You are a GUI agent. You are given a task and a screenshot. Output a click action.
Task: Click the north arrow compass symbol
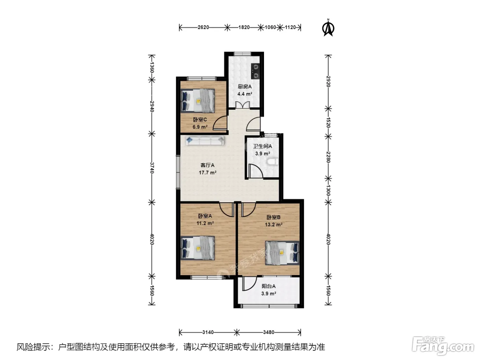[328, 28]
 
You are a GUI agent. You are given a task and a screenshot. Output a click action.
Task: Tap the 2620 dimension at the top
[203, 27]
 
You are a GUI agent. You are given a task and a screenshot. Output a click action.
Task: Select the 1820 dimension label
[244, 27]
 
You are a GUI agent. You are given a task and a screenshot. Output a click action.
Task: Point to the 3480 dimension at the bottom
[268, 332]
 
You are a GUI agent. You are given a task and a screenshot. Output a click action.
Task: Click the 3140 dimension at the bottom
[208, 332]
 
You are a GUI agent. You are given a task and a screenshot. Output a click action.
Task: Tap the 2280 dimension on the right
[328, 157]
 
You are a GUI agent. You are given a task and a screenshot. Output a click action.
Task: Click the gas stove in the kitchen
[255, 71]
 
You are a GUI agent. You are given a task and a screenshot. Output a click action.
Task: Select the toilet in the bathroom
[273, 162]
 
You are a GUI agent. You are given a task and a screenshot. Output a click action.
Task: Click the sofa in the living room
[205, 141]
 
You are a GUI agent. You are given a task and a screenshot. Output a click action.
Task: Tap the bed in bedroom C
[198, 101]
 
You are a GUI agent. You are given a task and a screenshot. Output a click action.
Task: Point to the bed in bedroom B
[282, 253]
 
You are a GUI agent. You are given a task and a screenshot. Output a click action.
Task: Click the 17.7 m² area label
[207, 173]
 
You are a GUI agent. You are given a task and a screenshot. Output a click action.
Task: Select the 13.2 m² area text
[274, 225]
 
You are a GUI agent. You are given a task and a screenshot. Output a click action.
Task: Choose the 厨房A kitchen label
[245, 86]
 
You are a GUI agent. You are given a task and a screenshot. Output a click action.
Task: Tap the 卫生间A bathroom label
[262, 146]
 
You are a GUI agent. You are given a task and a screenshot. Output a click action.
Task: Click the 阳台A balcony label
[268, 286]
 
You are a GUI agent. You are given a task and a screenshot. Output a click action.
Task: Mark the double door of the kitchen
[242, 105]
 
